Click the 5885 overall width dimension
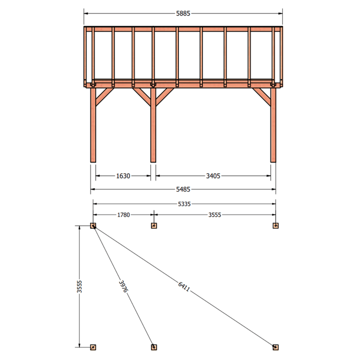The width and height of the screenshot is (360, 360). (183, 13)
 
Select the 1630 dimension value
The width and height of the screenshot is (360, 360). (123, 176)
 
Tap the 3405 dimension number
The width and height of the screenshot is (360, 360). (213, 176)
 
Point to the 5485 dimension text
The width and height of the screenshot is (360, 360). (183, 189)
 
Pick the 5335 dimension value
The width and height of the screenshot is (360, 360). (184, 204)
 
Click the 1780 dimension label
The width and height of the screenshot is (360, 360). (123, 215)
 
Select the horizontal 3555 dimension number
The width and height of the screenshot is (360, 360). (214, 215)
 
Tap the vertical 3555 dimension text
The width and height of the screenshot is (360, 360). (79, 286)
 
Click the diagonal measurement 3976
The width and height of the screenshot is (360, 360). (123, 286)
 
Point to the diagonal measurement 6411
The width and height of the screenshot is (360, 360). (184, 287)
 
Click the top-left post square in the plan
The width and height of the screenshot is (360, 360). (93, 226)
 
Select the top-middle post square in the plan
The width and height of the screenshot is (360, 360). (154, 226)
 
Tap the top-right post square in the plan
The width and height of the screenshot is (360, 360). (276, 226)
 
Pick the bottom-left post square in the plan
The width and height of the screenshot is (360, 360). (93, 347)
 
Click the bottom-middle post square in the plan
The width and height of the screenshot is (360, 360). (154, 347)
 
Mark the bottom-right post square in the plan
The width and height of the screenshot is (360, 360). (276, 347)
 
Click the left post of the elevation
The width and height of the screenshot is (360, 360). (93, 125)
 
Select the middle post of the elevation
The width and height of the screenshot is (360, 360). (153, 125)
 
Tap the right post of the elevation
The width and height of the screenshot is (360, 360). (273, 125)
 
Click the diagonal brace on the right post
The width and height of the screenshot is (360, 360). (262, 97)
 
